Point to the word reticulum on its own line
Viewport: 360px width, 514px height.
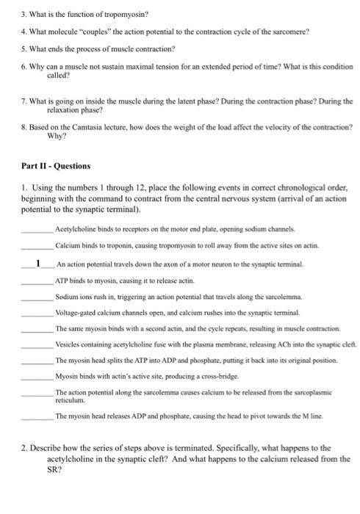click(x=71, y=402)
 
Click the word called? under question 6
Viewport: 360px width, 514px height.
click(x=58, y=75)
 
